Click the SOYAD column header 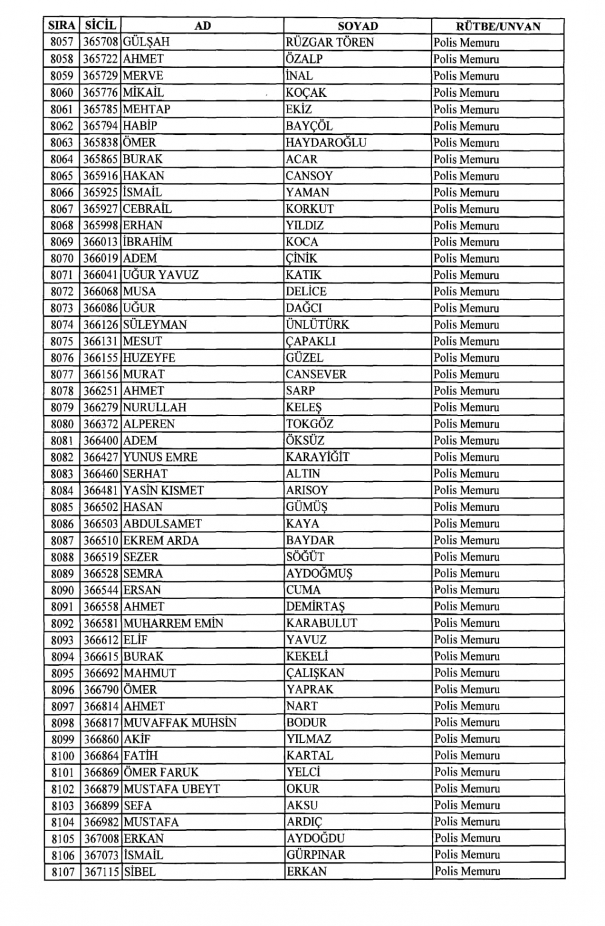[358, 26]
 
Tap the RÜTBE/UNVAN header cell [497, 26]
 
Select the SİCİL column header [100, 25]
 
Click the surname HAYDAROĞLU [326, 143]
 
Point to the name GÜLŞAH [146, 42]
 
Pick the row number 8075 [62, 341]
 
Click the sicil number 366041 [100, 275]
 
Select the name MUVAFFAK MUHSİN [180, 723]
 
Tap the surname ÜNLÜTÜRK [317, 325]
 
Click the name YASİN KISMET [163, 491]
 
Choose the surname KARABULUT [321, 623]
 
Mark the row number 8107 [62, 872]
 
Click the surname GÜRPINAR [316, 855]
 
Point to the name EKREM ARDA [161, 541]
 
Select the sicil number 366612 [101, 640]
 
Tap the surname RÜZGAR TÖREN [330, 42]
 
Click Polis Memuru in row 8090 [466, 590]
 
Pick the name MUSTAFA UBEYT [172, 789]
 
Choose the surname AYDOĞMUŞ [319, 573]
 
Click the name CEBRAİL [147, 209]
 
